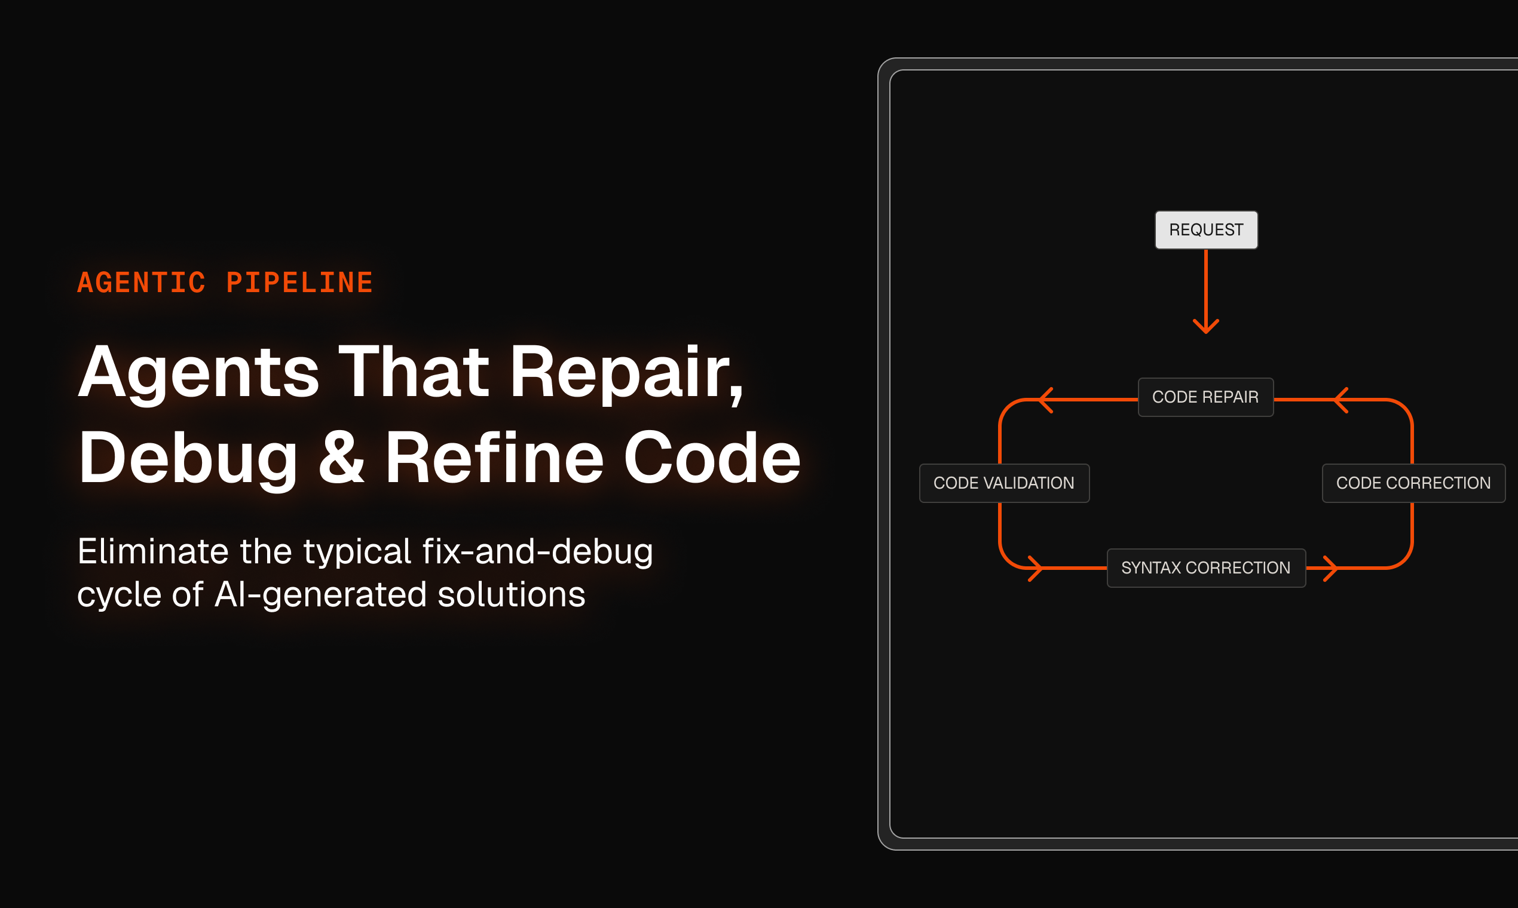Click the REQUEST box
coord(1206,230)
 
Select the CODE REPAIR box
coord(1205,397)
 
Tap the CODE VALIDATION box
coord(1004,483)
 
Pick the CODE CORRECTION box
coord(1413,483)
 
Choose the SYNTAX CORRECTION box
coord(1206,568)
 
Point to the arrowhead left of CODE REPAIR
coord(1045,400)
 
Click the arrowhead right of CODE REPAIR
coord(1341,400)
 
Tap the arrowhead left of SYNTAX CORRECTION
coord(1035,569)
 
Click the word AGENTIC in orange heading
coord(142,283)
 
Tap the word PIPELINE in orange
coord(299,283)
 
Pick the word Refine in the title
coord(494,458)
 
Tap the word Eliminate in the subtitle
coord(153,551)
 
